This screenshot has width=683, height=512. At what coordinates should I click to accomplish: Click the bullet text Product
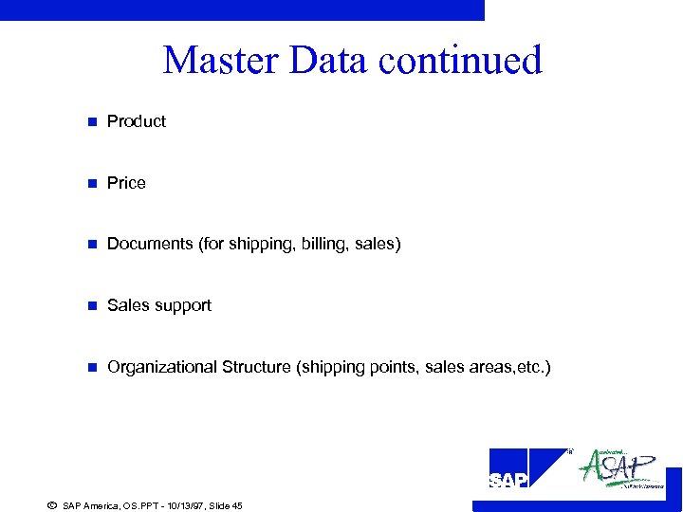pyautogui.click(x=137, y=121)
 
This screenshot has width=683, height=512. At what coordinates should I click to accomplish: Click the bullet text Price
pyautogui.click(x=126, y=183)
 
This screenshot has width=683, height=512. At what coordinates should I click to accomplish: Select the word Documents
pyautogui.click(x=150, y=244)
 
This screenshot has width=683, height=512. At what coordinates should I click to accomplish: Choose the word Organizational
pyautogui.click(x=161, y=367)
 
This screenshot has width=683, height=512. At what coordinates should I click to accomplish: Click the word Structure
pyautogui.click(x=256, y=367)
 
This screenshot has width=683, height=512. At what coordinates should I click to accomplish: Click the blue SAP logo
pyautogui.click(x=526, y=468)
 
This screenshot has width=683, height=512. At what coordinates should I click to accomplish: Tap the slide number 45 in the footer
pyautogui.click(x=236, y=506)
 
